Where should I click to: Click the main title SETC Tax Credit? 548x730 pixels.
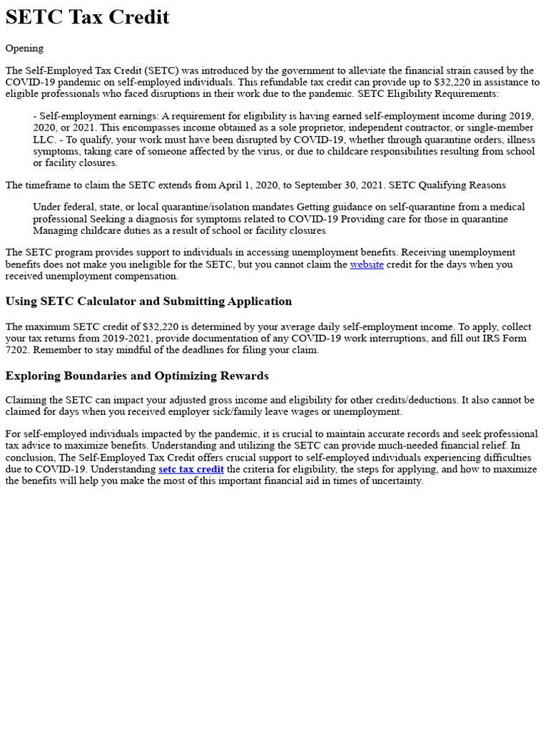[87, 17]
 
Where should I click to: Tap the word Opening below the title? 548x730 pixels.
[24, 48]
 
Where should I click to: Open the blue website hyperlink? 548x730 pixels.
[366, 264]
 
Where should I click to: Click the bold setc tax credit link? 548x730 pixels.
[191, 469]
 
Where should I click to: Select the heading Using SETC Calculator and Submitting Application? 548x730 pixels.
[148, 301]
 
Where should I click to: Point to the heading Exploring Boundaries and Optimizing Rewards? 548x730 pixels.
[137, 376]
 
